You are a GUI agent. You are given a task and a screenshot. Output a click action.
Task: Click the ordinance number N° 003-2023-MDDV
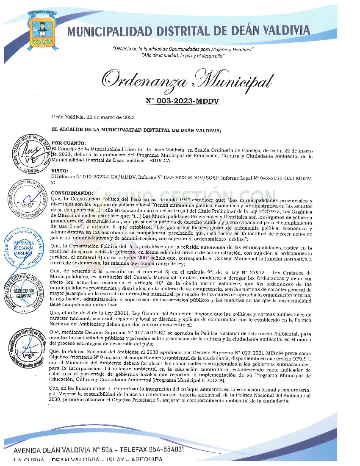179,101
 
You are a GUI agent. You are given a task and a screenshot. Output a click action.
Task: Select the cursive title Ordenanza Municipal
187,80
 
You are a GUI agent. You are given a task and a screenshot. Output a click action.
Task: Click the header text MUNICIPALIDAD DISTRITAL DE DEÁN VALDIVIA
188,31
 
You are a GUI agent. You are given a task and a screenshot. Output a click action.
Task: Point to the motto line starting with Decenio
183,50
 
